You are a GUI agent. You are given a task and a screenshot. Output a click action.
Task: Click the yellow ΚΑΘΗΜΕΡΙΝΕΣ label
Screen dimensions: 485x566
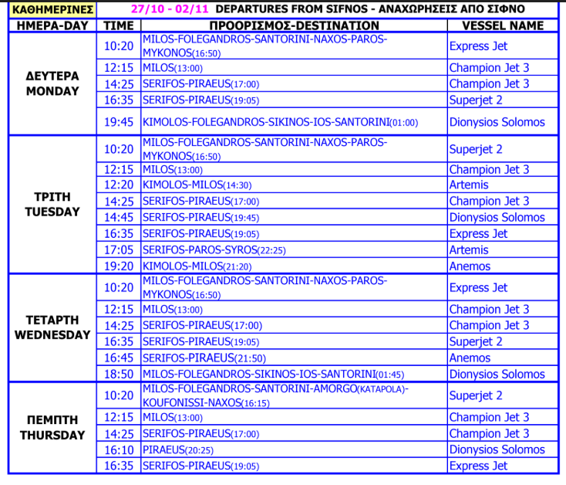pos(52,10)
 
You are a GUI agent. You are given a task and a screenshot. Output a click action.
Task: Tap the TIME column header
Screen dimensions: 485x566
pos(119,25)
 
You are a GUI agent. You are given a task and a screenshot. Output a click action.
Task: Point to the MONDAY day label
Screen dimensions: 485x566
pos(52,91)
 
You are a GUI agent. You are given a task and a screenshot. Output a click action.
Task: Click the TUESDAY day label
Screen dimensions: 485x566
pos(52,212)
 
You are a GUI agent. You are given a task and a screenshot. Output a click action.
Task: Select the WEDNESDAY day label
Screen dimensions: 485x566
pos(52,335)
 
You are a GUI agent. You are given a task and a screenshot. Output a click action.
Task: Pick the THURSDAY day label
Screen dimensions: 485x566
pos(52,435)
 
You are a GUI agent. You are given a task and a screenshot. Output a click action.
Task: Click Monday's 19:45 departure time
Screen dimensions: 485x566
pos(119,122)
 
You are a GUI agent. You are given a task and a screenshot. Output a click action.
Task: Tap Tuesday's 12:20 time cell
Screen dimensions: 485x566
pos(119,185)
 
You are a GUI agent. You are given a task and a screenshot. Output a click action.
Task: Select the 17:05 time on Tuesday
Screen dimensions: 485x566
pos(119,250)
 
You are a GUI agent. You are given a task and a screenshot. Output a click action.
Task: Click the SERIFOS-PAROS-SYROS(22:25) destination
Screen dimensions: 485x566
pos(211,250)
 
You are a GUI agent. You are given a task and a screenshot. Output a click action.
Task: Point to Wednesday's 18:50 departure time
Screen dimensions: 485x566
pos(119,374)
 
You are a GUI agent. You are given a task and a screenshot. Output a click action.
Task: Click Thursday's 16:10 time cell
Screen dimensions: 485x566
pos(119,449)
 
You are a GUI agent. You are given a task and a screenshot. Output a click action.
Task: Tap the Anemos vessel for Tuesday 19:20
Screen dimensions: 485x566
pos(470,266)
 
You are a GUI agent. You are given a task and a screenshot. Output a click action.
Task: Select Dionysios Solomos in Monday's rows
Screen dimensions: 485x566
pos(497,122)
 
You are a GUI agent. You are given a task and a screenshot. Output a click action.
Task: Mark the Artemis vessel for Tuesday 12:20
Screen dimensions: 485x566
pos(469,185)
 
